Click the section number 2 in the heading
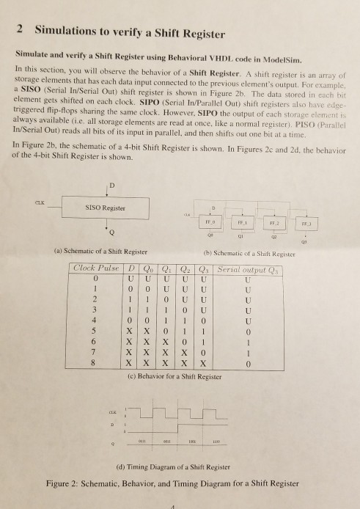pyautogui.click(x=19, y=32)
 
